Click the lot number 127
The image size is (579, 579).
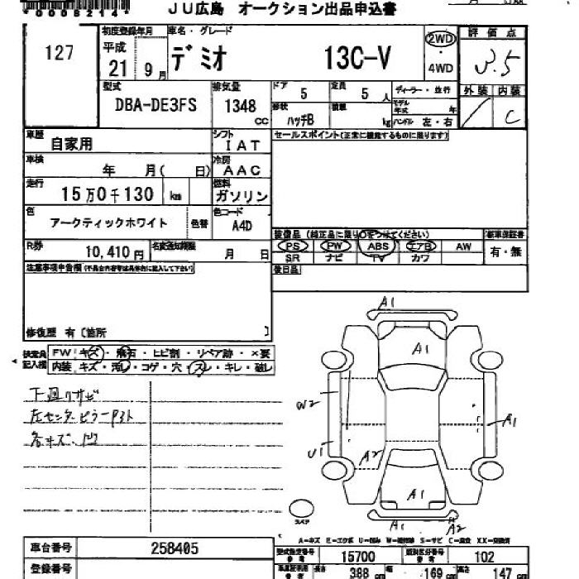pos(59,53)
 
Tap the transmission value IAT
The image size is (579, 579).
pos(242,145)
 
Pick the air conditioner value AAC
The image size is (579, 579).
pos(243,170)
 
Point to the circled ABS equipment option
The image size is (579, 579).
pos(378,246)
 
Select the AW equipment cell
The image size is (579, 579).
pos(463,246)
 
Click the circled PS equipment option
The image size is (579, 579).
pos(292,246)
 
